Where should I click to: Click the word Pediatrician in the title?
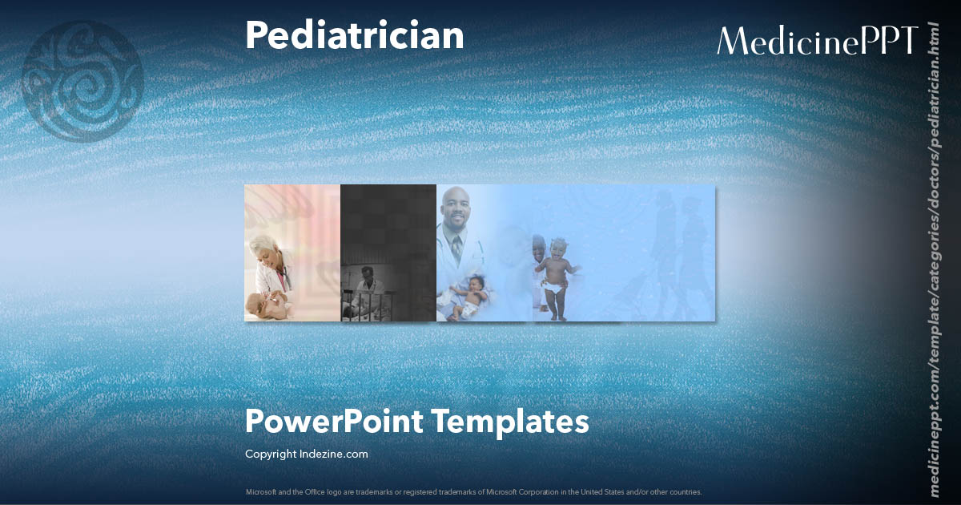click(x=354, y=36)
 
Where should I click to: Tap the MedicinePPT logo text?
click(x=817, y=41)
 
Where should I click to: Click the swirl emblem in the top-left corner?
click(x=83, y=80)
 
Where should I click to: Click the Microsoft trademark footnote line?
click(x=473, y=491)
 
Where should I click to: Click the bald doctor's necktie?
click(x=456, y=248)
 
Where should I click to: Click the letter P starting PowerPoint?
click(x=254, y=422)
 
